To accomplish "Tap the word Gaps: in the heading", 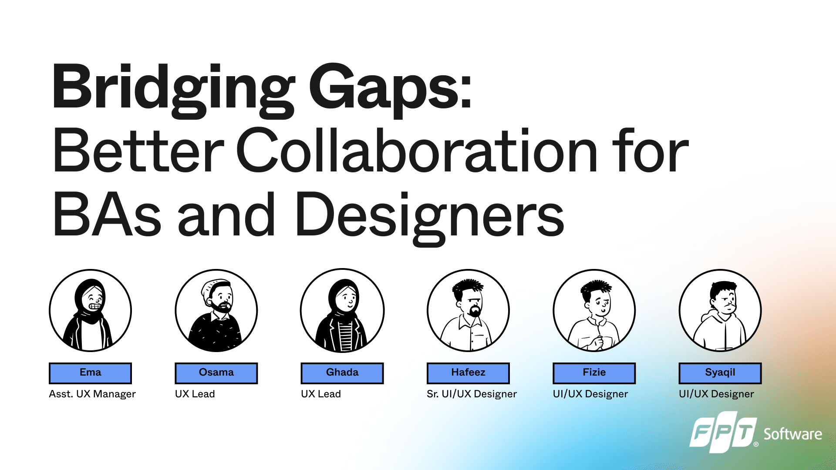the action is point(391,90).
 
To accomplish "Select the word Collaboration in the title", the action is point(417,151).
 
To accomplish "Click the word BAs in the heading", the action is point(107,215).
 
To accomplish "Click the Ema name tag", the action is point(90,373).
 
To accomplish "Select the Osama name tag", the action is point(216,373).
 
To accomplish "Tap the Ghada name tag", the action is point(342,373).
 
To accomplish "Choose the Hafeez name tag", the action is point(468,373).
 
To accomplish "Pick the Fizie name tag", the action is point(594,373).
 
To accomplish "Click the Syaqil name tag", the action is point(720,373).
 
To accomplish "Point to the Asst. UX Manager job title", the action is point(92,394).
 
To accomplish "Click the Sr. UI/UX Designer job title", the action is point(472,394).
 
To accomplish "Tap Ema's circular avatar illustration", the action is point(90,310).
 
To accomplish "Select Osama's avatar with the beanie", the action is point(216,310).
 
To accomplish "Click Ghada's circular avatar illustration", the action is point(342,310).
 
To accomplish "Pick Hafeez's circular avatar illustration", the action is point(468,310).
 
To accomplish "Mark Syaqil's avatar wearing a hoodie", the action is point(720,310).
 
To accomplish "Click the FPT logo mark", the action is point(724,432).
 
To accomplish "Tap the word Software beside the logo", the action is point(793,434).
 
